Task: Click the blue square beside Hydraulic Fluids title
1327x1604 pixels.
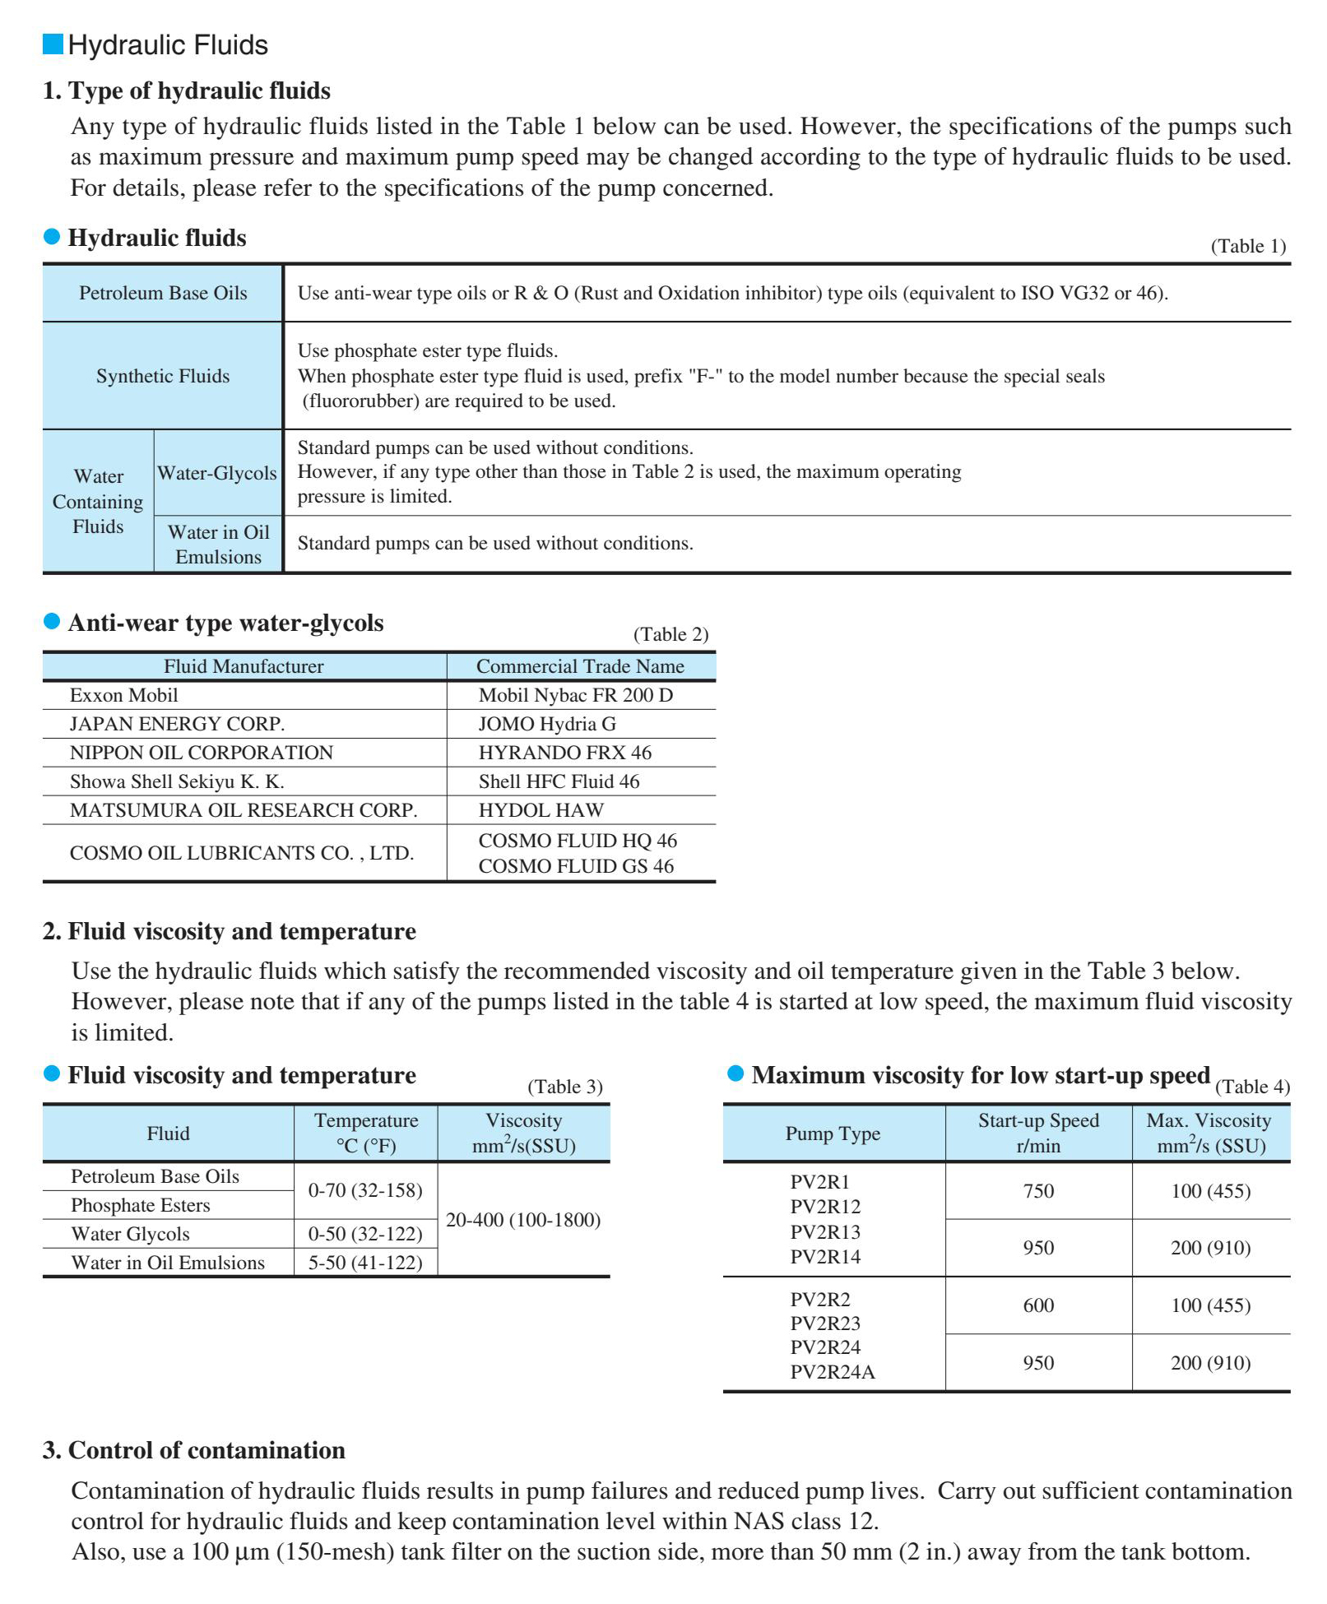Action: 53,44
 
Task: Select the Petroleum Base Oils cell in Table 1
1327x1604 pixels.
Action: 163,293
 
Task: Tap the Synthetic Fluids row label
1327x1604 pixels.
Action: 163,376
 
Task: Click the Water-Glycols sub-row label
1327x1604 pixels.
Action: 217,473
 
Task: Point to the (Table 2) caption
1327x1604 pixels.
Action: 670,634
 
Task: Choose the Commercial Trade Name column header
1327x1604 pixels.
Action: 580,666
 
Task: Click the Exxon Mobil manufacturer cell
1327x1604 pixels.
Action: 124,695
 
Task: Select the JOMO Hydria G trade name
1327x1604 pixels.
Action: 547,724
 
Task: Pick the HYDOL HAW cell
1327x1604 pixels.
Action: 541,810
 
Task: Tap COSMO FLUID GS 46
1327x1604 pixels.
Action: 576,866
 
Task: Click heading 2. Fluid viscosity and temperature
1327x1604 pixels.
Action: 230,931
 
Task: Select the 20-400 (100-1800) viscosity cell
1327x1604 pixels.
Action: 523,1220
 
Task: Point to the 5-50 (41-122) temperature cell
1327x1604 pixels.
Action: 365,1263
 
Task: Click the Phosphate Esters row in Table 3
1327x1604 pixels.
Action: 141,1205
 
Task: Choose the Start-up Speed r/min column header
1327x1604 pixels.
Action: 1038,1133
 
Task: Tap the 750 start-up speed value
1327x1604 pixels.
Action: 1038,1191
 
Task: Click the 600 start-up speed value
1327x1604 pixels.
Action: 1038,1305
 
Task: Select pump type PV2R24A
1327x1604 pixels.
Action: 833,1372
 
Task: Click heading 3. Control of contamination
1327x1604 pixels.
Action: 194,1450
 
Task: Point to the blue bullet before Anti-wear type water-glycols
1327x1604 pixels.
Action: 52,621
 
